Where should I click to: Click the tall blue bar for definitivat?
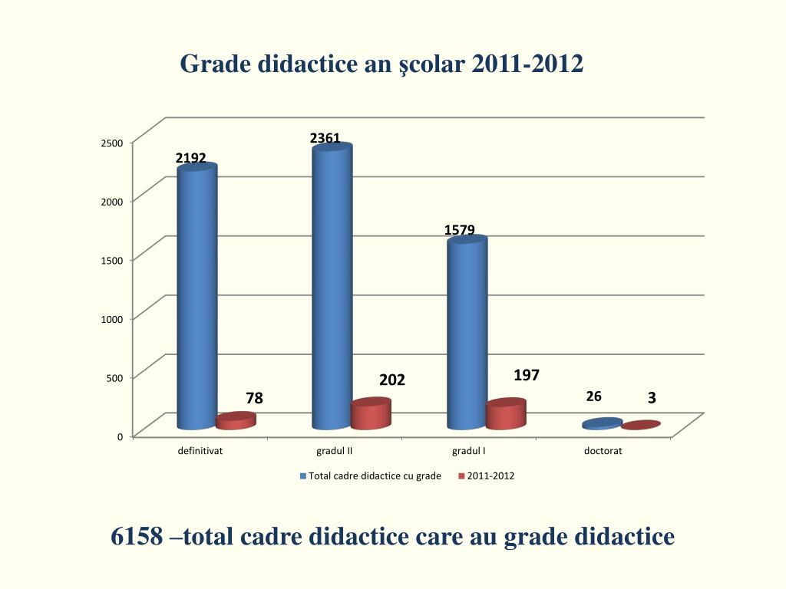(196, 299)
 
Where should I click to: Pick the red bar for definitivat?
(235, 421)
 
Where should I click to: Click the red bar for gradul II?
(371, 414)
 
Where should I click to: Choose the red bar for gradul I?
(506, 414)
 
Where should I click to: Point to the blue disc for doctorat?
(602, 423)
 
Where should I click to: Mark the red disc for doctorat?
(641, 425)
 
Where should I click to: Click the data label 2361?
(325, 138)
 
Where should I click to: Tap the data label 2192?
(190, 158)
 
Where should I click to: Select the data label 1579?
(459, 229)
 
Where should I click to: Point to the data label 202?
(391, 380)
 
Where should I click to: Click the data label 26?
(593, 397)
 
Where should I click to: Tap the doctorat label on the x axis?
(603, 451)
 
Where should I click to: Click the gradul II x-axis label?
(334, 451)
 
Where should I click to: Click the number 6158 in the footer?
(137, 537)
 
